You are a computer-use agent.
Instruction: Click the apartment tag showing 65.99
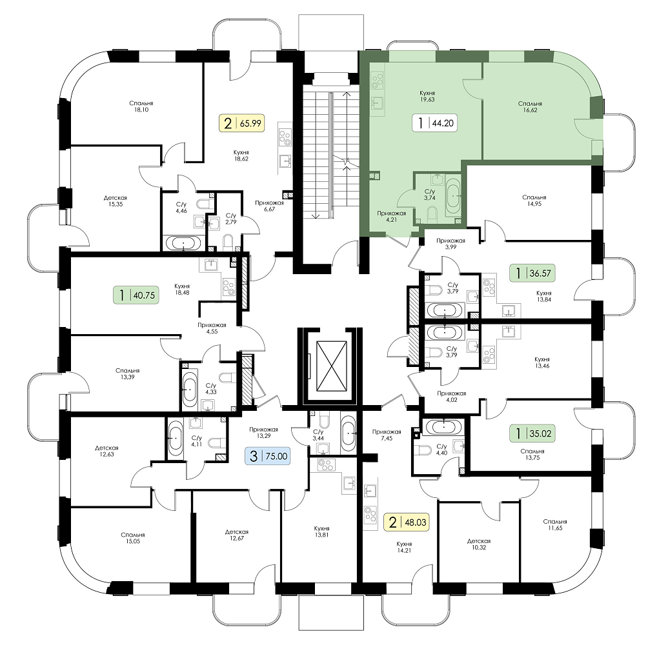pyautogui.click(x=242, y=123)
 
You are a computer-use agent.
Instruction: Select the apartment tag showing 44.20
pyautogui.click(x=434, y=123)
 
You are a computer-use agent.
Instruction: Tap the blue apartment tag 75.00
pyautogui.click(x=268, y=455)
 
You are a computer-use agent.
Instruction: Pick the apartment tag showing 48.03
pyautogui.click(x=407, y=522)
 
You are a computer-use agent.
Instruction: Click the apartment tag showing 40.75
pyautogui.click(x=136, y=295)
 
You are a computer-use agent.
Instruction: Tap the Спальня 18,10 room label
pyautogui.click(x=141, y=106)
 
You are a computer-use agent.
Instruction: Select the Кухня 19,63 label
pyautogui.click(x=427, y=96)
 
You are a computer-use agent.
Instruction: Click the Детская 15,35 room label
pyautogui.click(x=116, y=201)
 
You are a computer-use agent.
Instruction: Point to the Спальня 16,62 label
pyautogui.click(x=530, y=107)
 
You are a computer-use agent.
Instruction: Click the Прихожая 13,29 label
pyautogui.click(x=263, y=432)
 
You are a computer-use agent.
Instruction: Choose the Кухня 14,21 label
pyautogui.click(x=405, y=547)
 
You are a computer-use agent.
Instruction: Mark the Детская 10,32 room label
pyautogui.click(x=479, y=544)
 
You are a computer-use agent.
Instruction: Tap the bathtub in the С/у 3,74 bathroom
pyautogui.click(x=453, y=196)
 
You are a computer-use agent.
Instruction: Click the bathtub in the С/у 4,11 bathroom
pyautogui.click(x=176, y=437)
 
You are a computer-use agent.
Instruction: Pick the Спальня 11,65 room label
pyautogui.click(x=555, y=525)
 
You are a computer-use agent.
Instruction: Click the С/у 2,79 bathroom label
pyautogui.click(x=231, y=219)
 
